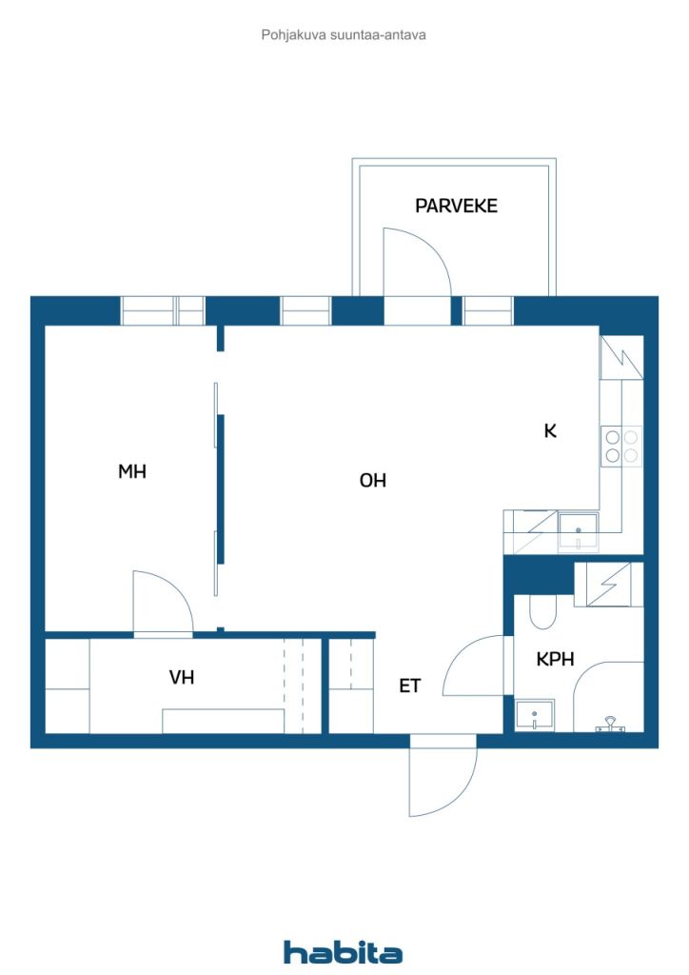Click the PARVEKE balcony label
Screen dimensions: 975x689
pyautogui.click(x=456, y=206)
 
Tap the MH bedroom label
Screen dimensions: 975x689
pyautogui.click(x=132, y=470)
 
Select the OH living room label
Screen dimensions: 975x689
pyautogui.click(x=372, y=481)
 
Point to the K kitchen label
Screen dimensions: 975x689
pyautogui.click(x=550, y=430)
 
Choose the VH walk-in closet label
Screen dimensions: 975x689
pyautogui.click(x=182, y=678)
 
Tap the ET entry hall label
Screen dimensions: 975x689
pyautogui.click(x=409, y=685)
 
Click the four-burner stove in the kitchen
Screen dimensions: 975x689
pyautogui.click(x=620, y=447)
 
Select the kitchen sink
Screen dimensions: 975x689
pyautogui.click(x=578, y=528)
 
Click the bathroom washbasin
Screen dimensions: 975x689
pyautogui.click(x=535, y=715)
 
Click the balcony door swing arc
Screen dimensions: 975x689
pyautogui.click(x=419, y=257)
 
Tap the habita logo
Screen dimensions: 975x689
pyautogui.click(x=343, y=951)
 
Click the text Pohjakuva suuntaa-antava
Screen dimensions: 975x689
pyautogui.click(x=344, y=35)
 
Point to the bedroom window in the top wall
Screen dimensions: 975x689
pyautogui.click(x=163, y=311)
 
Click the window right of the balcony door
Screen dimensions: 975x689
pyautogui.click(x=487, y=311)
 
